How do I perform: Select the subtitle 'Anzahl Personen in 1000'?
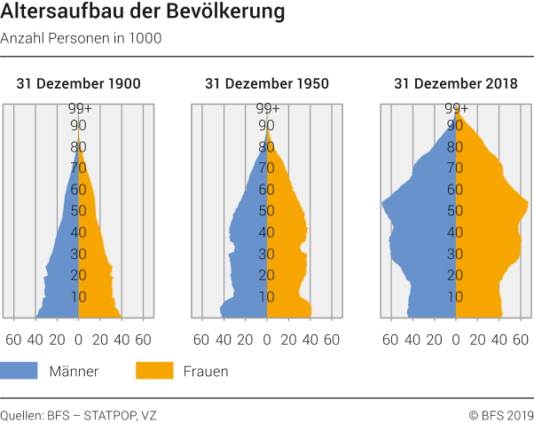point(81,39)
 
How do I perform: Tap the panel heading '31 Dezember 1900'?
point(78,84)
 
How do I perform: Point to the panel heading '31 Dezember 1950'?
point(267,84)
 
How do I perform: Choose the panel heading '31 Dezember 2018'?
point(455,84)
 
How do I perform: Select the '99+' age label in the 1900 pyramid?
point(80,108)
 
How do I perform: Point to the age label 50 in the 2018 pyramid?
point(456,211)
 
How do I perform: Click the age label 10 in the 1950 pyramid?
point(267,296)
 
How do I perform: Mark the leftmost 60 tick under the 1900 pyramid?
point(14,338)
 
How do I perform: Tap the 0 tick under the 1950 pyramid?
point(267,338)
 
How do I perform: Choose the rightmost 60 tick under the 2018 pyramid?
point(521,338)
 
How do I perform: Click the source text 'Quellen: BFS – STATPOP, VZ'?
point(72,413)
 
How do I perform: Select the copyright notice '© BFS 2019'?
point(501,413)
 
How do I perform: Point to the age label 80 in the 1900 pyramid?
point(79,147)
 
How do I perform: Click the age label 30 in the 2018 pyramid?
point(456,254)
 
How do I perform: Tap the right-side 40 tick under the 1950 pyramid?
point(310,338)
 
